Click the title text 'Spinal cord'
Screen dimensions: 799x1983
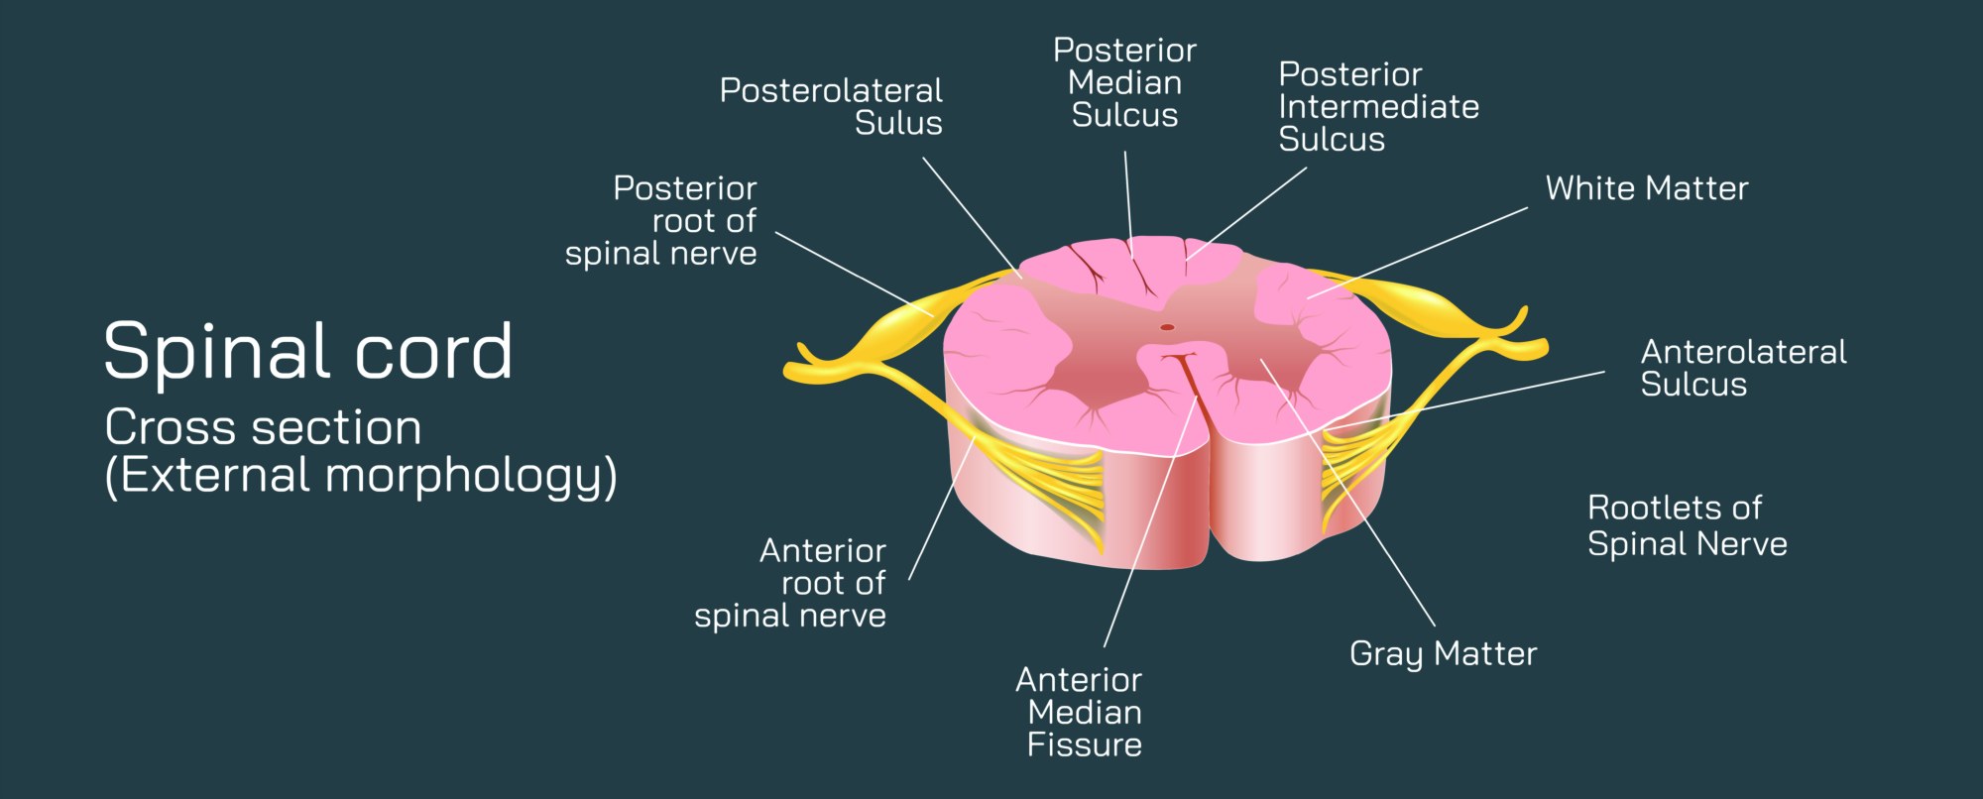tap(307, 351)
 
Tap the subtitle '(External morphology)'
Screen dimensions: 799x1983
tap(361, 475)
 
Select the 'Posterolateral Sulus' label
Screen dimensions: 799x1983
tap(831, 106)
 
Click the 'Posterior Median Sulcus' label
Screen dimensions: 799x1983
tap(1124, 83)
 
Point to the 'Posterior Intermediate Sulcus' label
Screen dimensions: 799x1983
tap(1378, 106)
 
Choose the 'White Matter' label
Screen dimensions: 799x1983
tap(1646, 188)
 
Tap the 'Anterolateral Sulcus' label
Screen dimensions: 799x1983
tap(1743, 368)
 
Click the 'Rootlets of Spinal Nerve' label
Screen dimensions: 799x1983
tap(1687, 525)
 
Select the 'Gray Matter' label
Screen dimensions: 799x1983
tap(1443, 653)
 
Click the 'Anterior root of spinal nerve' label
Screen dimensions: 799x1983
tap(791, 583)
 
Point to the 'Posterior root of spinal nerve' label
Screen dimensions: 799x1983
tap(661, 221)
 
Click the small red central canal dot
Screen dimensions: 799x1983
tap(1167, 327)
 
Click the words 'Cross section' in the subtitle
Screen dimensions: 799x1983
tap(263, 428)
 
